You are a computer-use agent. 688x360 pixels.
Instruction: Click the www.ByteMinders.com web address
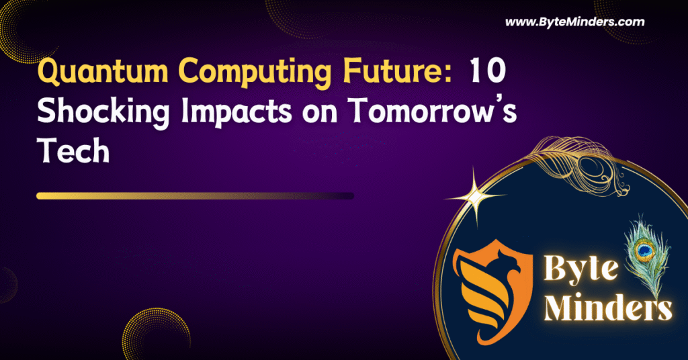(x=574, y=21)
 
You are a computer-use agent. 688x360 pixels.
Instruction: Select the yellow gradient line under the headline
(x=195, y=196)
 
